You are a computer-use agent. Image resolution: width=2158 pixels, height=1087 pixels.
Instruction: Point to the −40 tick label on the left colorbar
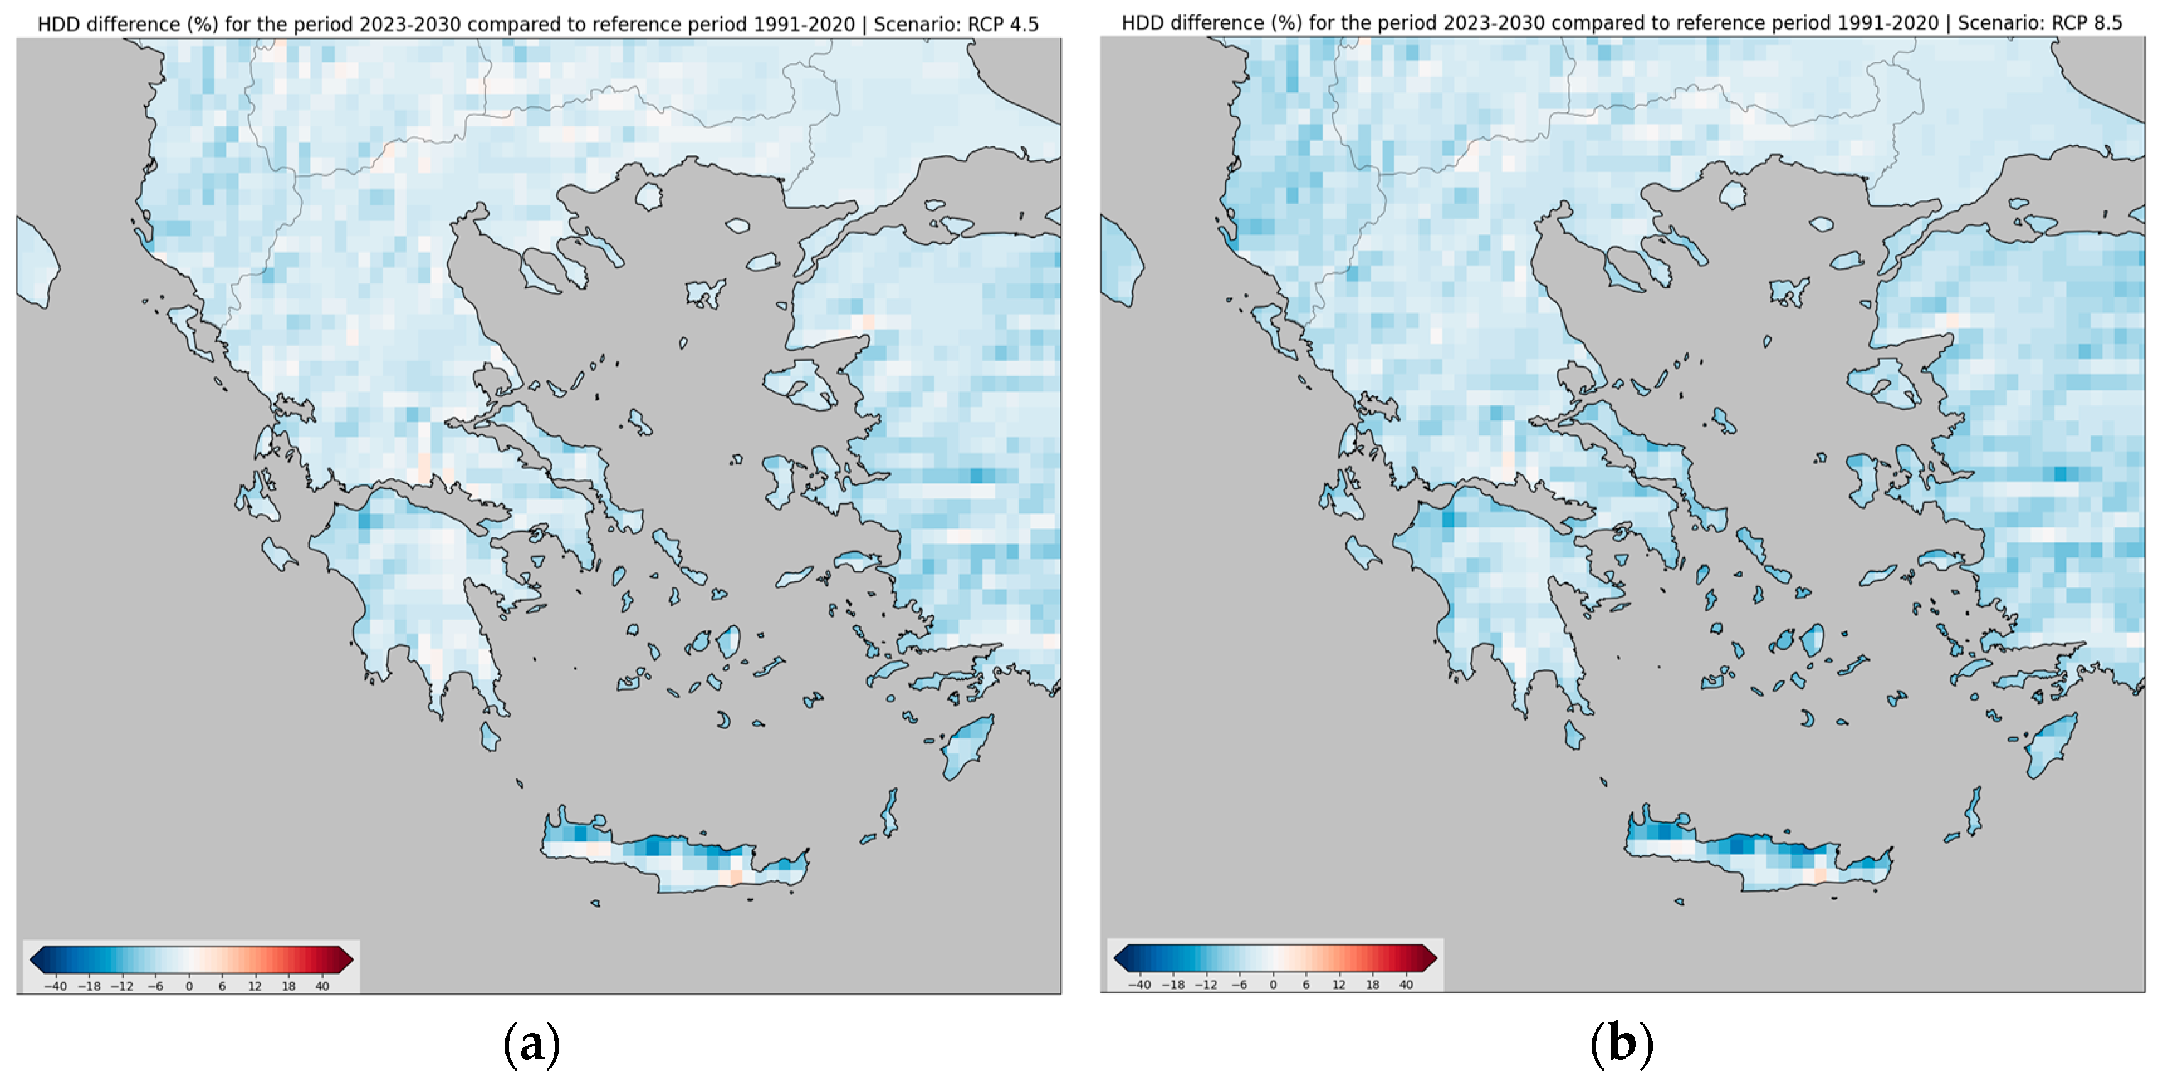[x=55, y=986]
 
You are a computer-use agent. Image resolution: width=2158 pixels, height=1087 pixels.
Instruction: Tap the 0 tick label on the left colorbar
[x=189, y=986]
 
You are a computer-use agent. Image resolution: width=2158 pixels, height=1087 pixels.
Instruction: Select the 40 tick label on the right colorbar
[x=1406, y=985]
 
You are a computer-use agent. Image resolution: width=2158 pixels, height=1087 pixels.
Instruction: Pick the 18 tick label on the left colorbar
[x=289, y=986]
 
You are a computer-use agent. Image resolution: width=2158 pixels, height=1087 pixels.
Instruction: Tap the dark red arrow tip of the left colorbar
[x=344, y=959]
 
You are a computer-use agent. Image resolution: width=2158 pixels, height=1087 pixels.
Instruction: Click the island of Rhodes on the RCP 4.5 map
[x=968, y=747]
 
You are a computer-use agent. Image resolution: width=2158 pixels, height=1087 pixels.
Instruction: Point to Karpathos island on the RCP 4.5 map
[x=890, y=811]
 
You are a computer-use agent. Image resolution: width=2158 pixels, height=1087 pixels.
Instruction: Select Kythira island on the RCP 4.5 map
[x=490, y=737]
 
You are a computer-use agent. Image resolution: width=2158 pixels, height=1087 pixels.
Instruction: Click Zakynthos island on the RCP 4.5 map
[x=279, y=553]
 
